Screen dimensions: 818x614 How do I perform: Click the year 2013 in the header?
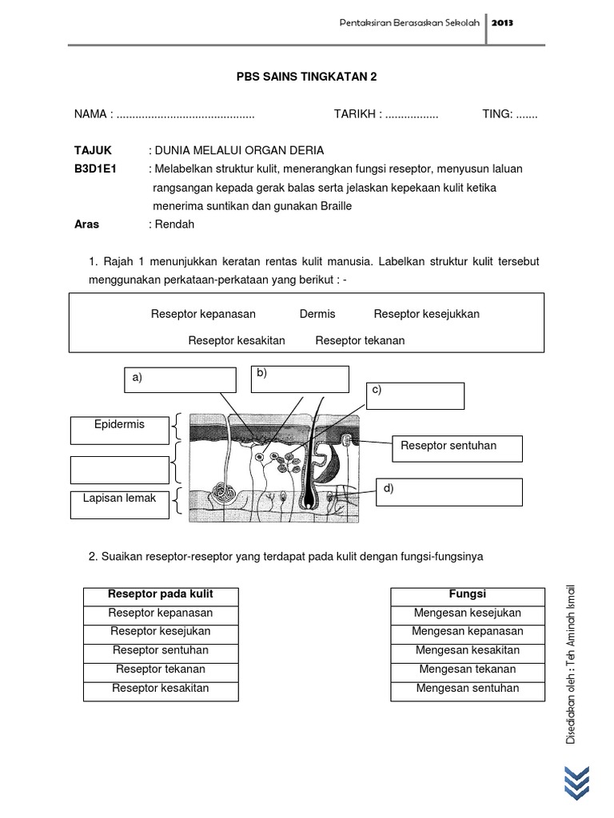503,23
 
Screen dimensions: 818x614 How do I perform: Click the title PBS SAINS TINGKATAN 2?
306,77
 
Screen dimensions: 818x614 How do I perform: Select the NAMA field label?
91,114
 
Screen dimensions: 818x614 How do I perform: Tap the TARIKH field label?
355,114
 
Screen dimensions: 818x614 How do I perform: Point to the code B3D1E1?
96,169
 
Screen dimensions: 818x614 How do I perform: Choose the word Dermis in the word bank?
317,314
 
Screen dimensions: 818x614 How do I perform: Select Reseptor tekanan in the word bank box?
360,340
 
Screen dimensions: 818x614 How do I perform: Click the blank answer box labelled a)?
180,380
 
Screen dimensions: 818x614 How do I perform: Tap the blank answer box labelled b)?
300,379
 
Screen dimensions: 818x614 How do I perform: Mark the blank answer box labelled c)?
416,395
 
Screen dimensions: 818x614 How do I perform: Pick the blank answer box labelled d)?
450,492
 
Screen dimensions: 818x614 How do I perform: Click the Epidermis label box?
119,430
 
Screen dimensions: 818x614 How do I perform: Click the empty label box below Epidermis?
119,470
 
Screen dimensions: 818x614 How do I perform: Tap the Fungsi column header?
467,594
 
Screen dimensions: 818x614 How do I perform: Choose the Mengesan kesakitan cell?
467,650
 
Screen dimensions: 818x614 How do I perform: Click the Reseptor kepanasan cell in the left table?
161,613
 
